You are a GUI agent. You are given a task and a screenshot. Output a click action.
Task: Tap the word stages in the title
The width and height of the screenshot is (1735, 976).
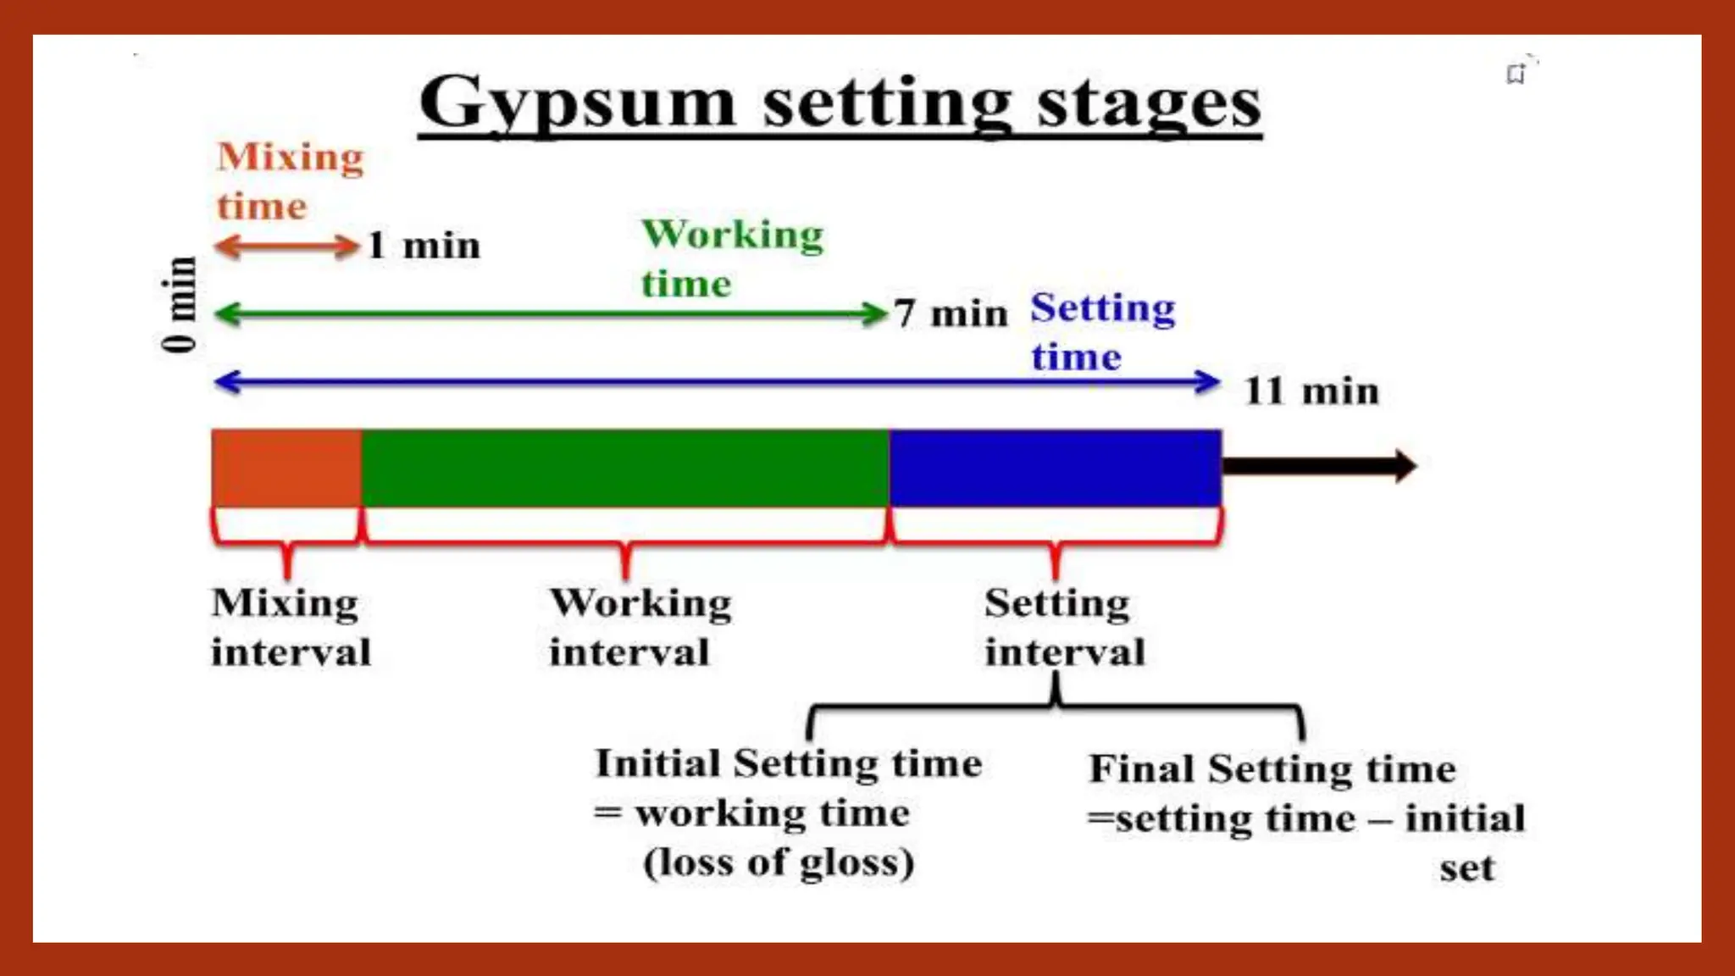[1149, 104]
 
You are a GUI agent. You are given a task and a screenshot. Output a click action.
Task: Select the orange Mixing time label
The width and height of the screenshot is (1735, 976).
[290, 181]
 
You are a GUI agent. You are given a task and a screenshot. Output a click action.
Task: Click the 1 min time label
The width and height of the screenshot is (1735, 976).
[424, 247]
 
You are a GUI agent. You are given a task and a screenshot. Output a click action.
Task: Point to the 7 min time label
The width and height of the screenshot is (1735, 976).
[951, 314]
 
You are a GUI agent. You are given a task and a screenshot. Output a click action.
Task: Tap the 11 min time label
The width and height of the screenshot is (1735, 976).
[1311, 391]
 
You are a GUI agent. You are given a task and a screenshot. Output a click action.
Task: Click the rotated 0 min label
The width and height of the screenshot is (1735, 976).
[179, 304]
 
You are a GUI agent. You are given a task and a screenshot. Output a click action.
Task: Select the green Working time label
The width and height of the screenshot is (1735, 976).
[732, 258]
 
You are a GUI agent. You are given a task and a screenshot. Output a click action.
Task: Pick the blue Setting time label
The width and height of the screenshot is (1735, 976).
[1102, 331]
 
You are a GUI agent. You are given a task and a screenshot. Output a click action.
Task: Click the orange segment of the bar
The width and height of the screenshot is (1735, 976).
[286, 468]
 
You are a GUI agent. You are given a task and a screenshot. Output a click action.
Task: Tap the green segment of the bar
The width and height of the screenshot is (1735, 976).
[625, 468]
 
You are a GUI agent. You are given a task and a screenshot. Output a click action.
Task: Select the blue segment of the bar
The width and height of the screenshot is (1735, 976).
[1055, 468]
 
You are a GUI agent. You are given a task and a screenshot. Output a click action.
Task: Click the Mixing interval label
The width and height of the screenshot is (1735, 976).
[291, 627]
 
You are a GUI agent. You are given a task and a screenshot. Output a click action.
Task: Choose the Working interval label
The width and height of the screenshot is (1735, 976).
[640, 627]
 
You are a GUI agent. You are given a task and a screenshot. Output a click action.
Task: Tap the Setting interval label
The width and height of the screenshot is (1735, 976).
[1064, 627]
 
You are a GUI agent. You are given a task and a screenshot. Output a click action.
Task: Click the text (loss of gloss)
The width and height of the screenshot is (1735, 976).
[779, 862]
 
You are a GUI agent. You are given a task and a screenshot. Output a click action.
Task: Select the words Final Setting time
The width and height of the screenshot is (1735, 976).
[1272, 769]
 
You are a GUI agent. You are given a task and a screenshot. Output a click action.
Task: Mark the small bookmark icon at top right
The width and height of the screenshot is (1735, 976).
[1516, 74]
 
